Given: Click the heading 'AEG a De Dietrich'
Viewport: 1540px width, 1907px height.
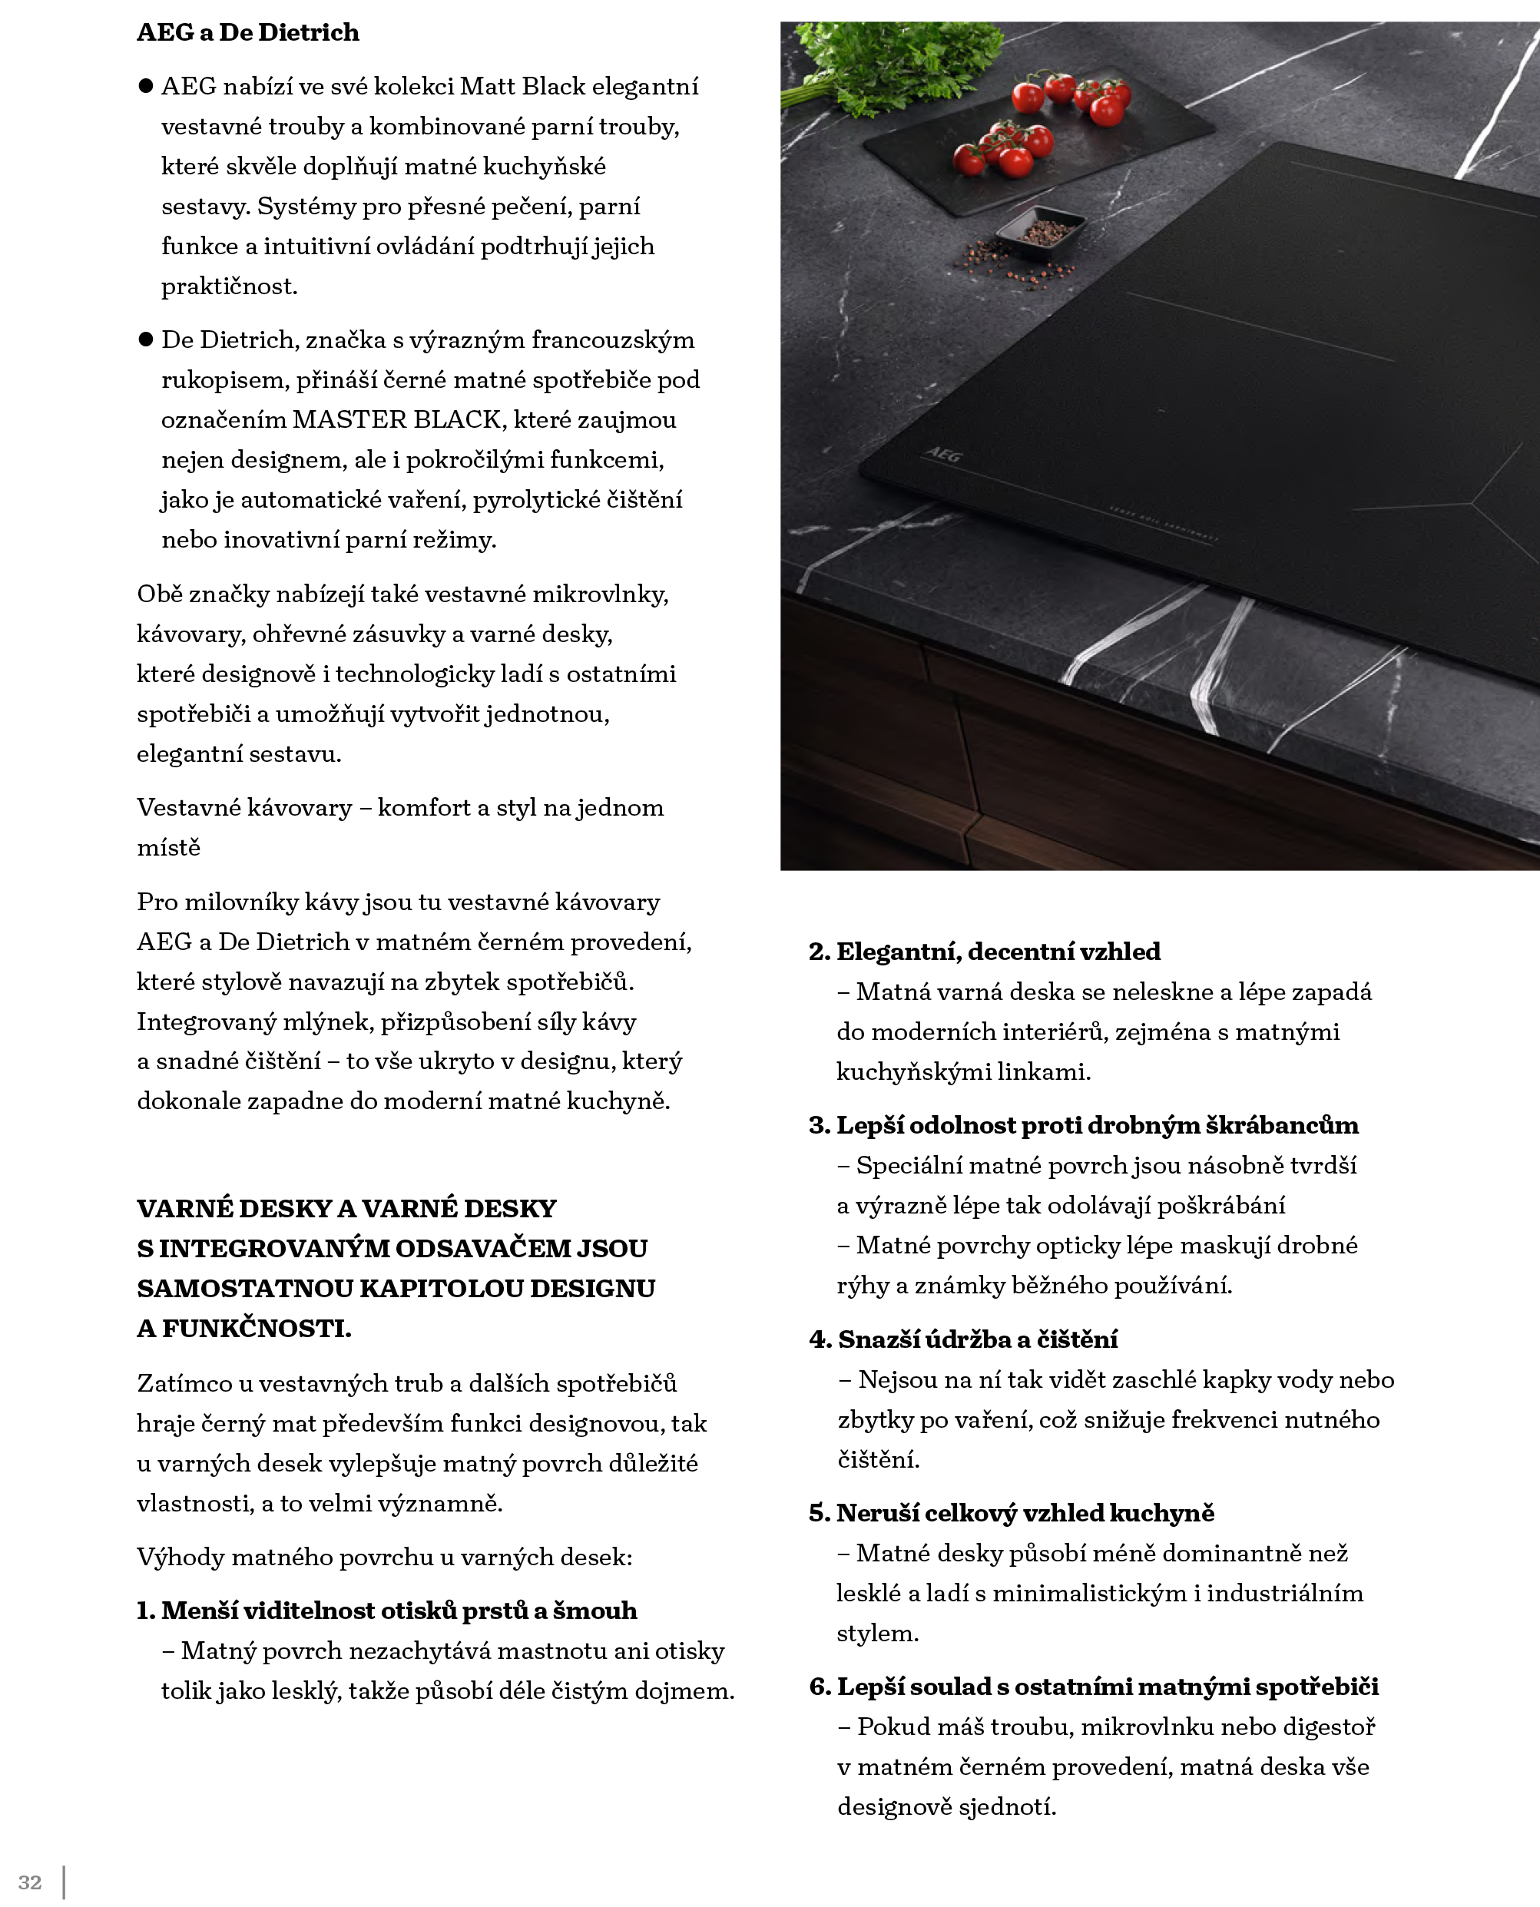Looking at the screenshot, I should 247,33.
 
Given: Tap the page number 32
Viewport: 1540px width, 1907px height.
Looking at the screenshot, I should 29,1882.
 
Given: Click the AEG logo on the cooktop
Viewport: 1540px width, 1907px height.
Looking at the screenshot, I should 943,455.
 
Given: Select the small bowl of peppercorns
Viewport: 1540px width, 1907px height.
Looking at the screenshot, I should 1040,230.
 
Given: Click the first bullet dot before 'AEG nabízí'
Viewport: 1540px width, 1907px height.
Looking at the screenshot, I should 147,86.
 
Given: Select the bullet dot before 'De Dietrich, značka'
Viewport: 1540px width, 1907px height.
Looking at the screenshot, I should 147,339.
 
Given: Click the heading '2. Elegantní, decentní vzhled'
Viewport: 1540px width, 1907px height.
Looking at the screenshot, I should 984,952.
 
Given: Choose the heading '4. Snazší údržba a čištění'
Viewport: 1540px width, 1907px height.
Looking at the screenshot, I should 962,1339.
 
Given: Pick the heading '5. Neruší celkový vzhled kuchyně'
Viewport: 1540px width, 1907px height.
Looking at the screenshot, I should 1012,1513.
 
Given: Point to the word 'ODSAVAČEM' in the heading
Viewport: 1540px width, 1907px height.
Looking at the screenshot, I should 483,1249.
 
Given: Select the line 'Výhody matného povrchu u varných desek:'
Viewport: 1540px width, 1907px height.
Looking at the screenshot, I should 384,1558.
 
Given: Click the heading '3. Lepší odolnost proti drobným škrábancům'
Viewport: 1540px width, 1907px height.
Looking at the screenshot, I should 1083,1126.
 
